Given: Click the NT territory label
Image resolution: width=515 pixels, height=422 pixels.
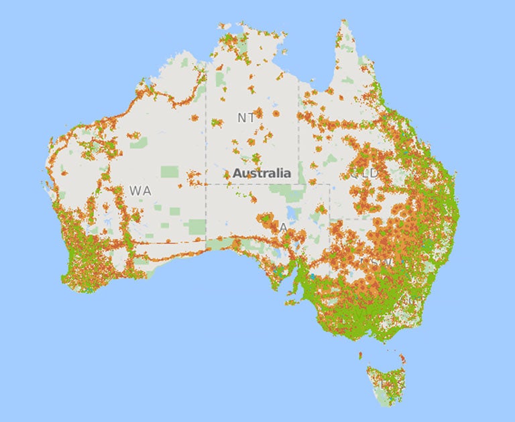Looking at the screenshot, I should [x=246, y=117].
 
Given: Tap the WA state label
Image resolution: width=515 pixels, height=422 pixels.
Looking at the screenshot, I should [x=140, y=191].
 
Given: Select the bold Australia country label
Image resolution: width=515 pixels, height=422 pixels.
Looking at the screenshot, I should [x=262, y=173].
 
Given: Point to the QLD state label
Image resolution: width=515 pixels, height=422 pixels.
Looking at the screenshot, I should [x=365, y=174].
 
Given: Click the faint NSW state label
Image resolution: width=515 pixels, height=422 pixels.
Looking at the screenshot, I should [x=373, y=260].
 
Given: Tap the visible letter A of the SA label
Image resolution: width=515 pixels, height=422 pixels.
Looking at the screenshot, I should [x=284, y=228].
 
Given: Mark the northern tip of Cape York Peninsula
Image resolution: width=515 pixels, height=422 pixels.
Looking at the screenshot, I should [x=344, y=21].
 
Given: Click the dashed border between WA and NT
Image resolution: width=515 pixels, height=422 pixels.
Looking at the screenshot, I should [x=206, y=134].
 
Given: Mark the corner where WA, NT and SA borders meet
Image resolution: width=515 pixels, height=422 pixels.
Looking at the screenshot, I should [x=206, y=184].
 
